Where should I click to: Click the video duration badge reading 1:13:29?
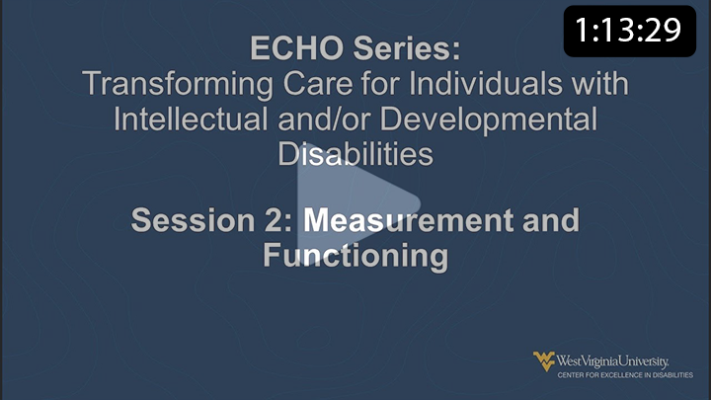[629, 30]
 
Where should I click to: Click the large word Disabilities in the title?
[355, 154]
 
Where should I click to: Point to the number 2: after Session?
[276, 219]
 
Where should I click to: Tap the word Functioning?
[355, 255]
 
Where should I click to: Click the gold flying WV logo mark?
[544, 360]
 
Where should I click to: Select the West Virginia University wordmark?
[612, 359]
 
